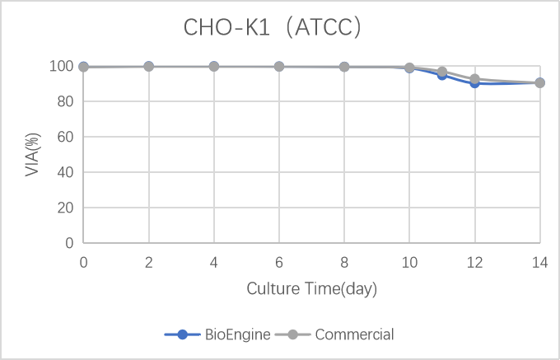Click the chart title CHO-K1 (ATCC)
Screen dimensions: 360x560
pos(273,28)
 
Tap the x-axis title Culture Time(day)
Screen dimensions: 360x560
pos(312,289)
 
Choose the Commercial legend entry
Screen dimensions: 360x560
pos(354,334)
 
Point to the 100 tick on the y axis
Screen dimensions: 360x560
pos(64,66)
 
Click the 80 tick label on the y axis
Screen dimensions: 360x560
pos(68,101)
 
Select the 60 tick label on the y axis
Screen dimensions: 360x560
pos(68,137)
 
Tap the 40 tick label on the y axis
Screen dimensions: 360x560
pos(68,172)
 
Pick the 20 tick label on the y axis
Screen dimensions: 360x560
pos(68,208)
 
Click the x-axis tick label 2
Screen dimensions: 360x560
pos(149,262)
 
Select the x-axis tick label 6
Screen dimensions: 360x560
pos(279,262)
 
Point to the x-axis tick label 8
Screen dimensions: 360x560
pos(344,262)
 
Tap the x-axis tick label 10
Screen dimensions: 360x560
pos(409,262)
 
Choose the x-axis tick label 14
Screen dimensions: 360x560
pos(539,262)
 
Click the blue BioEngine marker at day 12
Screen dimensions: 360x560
pos(474,83)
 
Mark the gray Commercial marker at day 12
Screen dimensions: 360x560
pos(474,79)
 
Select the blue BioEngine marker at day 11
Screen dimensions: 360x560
pos(442,75)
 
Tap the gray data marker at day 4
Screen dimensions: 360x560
pos(214,66)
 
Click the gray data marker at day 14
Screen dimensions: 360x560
pos(539,82)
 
